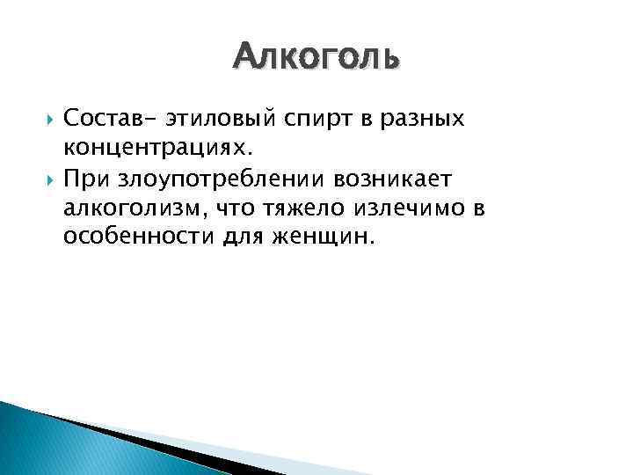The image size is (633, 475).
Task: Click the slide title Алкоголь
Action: tap(316, 58)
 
